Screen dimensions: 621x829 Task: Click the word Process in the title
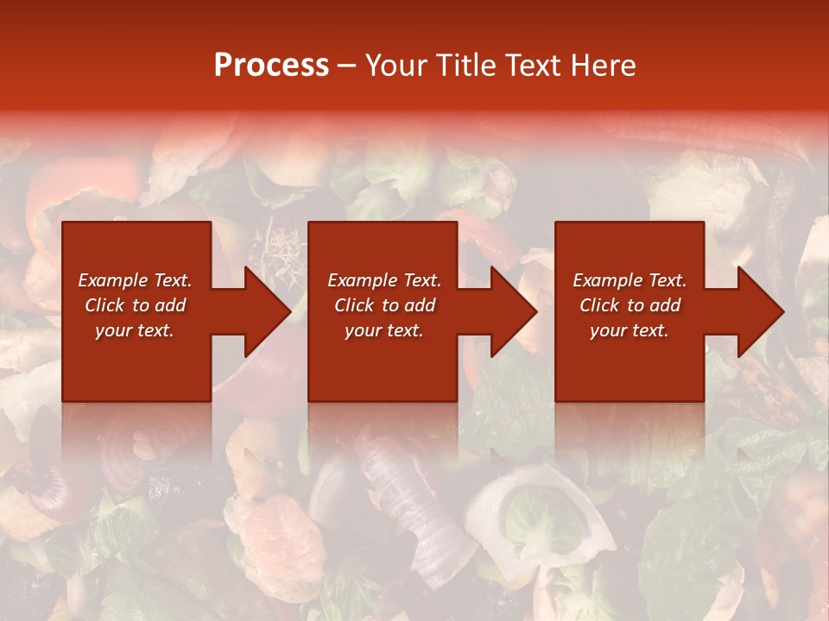coord(271,66)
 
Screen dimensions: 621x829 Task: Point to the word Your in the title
coord(397,66)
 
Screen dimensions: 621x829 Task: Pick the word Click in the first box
coord(104,305)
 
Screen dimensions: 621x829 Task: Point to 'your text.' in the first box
coord(135,330)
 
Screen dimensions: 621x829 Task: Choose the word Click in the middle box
coord(354,305)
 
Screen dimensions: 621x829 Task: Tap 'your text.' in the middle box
coord(383,330)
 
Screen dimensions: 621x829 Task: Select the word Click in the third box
coord(599,305)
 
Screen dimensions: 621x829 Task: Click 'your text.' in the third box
coord(629,330)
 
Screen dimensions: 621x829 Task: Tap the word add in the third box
coord(664,305)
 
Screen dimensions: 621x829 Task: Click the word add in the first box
coord(169,305)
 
